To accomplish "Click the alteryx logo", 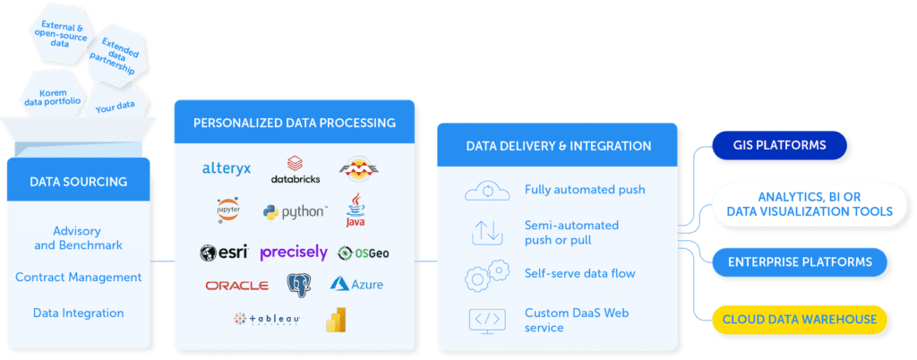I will click(x=226, y=167).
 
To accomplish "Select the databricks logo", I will click(x=295, y=169).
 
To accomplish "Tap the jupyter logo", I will click(x=227, y=210).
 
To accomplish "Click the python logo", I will click(x=295, y=212).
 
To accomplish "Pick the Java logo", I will click(x=356, y=210).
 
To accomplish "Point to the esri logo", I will click(x=223, y=253).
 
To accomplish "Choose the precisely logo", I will click(x=293, y=253).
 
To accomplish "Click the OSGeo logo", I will click(x=363, y=253).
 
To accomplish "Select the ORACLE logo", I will click(x=236, y=286).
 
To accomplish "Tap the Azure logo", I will click(x=356, y=285).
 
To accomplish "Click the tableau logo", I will click(x=266, y=318).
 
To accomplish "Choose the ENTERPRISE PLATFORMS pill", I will click(x=800, y=262).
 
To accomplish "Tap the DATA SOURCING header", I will click(x=78, y=182).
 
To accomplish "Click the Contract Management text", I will click(x=78, y=278).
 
